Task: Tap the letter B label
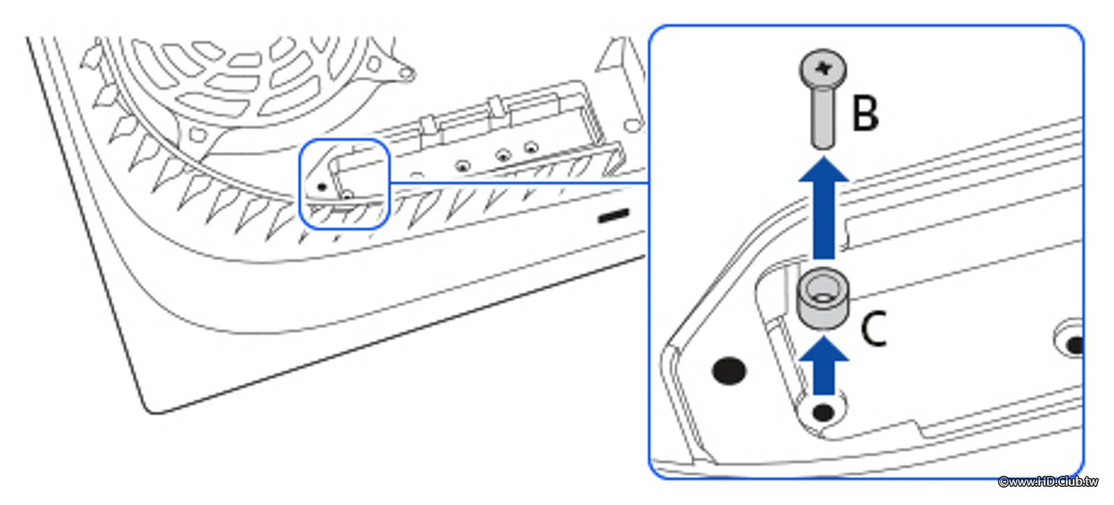(866, 113)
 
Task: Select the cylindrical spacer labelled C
(822, 298)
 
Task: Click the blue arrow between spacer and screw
(824, 208)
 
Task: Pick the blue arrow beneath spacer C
(824, 365)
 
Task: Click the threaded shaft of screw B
(823, 118)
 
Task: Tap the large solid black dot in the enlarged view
(729, 371)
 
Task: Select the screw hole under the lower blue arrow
(823, 412)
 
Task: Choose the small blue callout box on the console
(344, 184)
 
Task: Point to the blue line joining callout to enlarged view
(519, 183)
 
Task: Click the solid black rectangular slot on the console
(613, 216)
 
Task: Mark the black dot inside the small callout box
(322, 187)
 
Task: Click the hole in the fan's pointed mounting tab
(406, 74)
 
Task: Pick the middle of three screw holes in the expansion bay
(503, 156)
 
